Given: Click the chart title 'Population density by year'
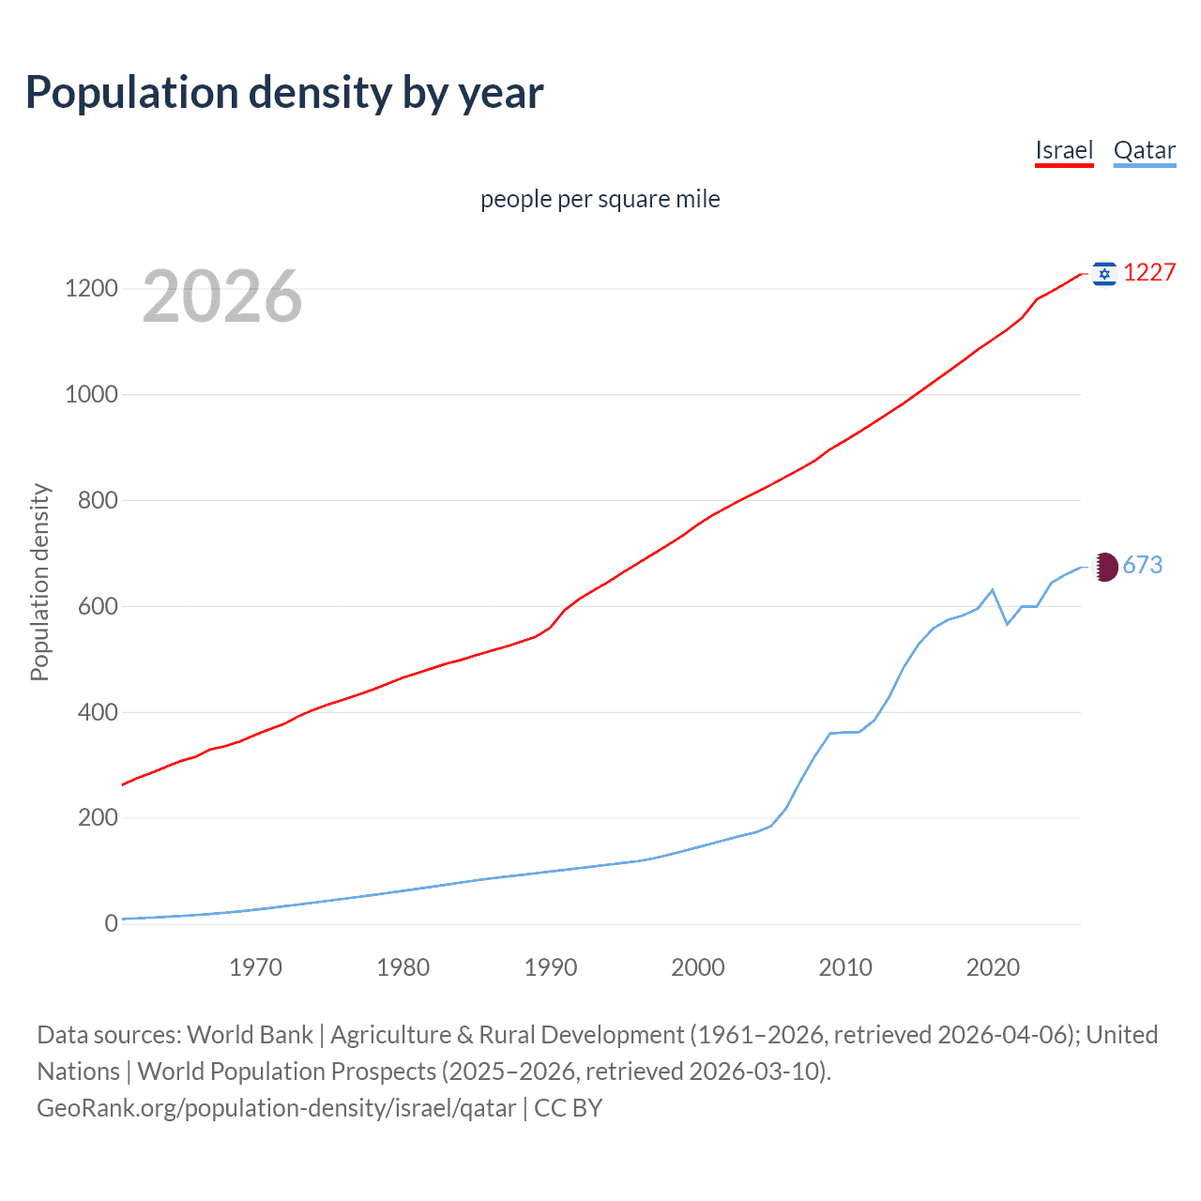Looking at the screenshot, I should coord(284,93).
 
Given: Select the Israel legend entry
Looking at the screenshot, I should coord(1064,150).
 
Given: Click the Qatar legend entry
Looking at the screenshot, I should coord(1144,150).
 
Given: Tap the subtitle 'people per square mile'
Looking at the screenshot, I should coord(600,199).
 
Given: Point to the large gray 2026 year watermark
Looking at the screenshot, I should coord(222,296).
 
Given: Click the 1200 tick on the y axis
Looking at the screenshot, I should coord(91,288).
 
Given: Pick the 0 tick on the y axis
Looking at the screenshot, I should coord(112,923).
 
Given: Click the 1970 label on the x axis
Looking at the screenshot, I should coord(255,967).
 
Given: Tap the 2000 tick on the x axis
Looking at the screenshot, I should coord(698,967).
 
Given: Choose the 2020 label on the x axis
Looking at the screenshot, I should coord(993,967).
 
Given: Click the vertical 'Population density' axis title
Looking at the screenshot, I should coord(39,582).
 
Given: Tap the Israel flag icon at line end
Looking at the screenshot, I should coord(1104,273).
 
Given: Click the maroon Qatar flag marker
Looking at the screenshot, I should coord(1105,567).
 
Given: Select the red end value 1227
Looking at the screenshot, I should coord(1149,272).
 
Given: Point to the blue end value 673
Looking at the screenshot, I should coord(1142,565).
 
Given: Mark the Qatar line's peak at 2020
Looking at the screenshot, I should coord(993,590).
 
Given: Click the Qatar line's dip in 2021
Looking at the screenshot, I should coord(1007,624).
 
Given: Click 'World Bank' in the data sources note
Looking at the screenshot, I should coord(250,1035).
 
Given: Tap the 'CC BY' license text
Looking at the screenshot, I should coord(568,1108).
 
